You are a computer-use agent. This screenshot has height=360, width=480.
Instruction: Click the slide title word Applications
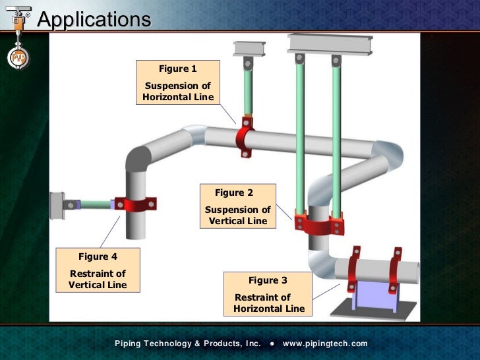pyautogui.click(x=94, y=19)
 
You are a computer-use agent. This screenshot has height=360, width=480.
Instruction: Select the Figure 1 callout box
pyautogui.click(x=178, y=82)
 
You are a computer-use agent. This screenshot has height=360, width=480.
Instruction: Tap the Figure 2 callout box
pyautogui.click(x=237, y=206)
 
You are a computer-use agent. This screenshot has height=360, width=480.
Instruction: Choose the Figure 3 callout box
pyautogui.click(x=268, y=294)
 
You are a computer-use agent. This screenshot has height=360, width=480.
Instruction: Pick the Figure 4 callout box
pyautogui.click(x=98, y=270)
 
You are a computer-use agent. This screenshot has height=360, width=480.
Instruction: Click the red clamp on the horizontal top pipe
pyautogui.click(x=246, y=137)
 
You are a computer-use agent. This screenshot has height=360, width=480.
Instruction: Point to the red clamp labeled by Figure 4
pyautogui.click(x=135, y=204)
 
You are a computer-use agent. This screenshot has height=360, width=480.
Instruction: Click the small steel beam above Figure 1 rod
pyautogui.click(x=248, y=48)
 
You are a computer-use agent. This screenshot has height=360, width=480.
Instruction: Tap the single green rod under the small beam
pyautogui.click(x=248, y=92)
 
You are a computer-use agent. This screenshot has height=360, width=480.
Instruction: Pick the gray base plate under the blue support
pyautogui.click(x=373, y=310)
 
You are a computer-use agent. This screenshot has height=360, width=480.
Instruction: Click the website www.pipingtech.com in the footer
pyautogui.click(x=324, y=344)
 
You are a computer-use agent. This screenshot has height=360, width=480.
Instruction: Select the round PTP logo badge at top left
pyautogui.click(x=18, y=58)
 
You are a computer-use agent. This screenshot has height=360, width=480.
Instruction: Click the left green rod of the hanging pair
pyautogui.click(x=300, y=138)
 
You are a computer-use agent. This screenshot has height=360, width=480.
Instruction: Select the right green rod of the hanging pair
pyautogui.click(x=336, y=138)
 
